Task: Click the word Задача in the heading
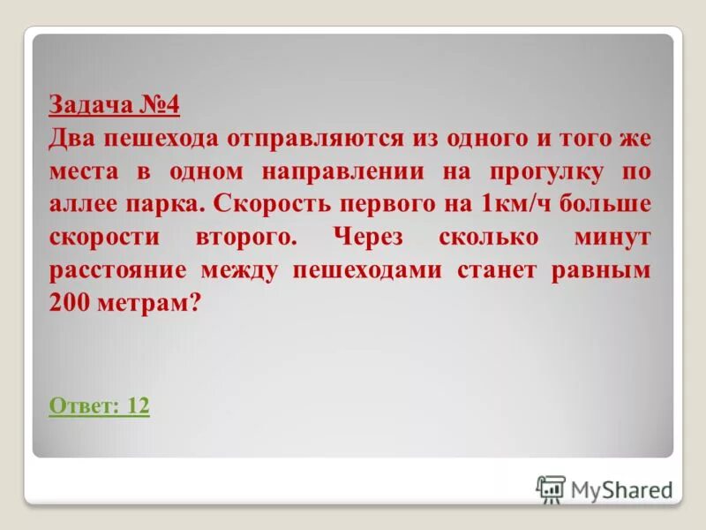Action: coord(90,107)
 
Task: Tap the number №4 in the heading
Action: coord(159,107)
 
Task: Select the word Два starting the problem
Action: coord(71,140)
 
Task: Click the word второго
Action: coord(249,238)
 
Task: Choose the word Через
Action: coord(375,238)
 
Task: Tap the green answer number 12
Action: coord(138,406)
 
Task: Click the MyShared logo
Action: coord(604,488)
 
